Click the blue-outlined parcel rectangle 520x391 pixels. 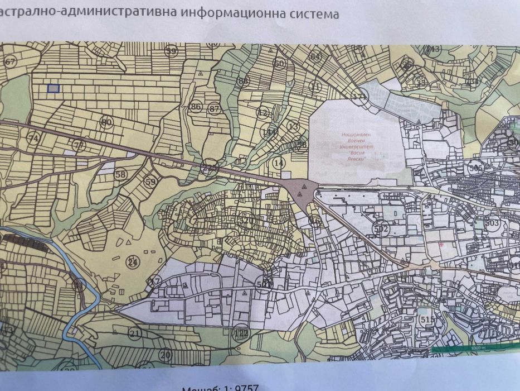point(54,88)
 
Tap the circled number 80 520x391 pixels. point(106,122)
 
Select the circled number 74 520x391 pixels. point(34,138)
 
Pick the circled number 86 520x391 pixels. point(196,107)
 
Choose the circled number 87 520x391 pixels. point(215,108)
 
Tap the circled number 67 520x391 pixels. point(10,62)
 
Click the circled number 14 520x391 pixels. point(278,163)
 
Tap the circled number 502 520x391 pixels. point(381,228)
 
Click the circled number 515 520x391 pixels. point(428,319)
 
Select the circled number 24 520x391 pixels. point(132,262)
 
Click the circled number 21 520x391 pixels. point(134,333)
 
